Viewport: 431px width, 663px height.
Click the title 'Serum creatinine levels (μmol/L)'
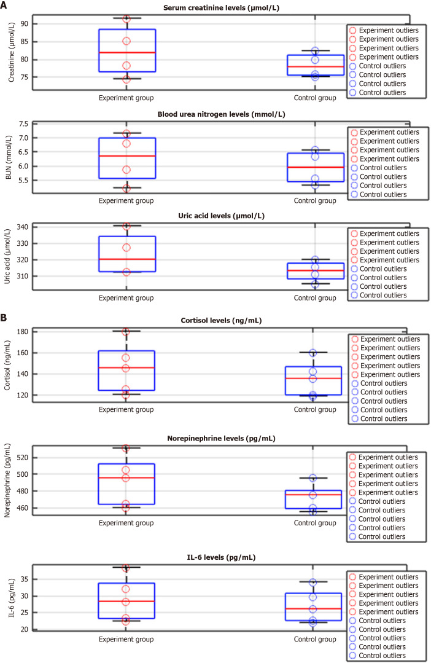224,7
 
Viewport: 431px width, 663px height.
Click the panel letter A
4,6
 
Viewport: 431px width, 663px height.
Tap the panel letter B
4,319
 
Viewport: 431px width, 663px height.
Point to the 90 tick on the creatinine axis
24,24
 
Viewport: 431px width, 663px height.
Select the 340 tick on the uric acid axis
22,227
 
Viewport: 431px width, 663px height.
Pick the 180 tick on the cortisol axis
22,332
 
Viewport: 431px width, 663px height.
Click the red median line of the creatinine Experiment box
126,53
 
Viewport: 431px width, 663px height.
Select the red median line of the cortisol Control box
315,378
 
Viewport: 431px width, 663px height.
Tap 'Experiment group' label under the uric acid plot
126,298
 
